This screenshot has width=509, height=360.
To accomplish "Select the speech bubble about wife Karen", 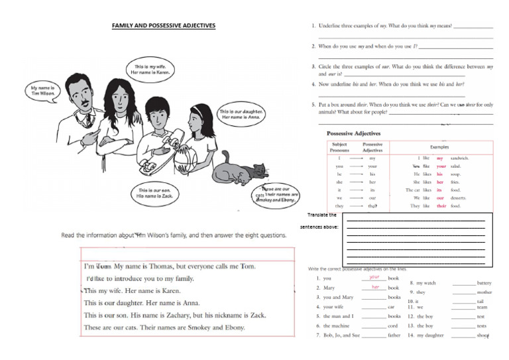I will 153,70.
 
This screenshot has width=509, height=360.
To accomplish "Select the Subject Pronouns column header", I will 339,147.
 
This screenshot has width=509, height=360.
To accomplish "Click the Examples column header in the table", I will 439,147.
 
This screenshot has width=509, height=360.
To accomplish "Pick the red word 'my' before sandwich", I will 440,158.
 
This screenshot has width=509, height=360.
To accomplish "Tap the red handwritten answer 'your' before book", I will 374,277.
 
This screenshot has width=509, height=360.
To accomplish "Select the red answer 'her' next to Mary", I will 375,287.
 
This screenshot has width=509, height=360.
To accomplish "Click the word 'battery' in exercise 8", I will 484,283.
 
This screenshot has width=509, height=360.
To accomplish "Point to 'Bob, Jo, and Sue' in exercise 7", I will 341,335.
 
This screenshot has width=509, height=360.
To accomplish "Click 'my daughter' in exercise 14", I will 430,335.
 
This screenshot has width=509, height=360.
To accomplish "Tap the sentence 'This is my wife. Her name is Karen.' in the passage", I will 132,291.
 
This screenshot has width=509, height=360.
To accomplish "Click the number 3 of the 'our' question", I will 313,67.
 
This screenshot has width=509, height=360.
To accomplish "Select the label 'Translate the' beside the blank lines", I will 322,215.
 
